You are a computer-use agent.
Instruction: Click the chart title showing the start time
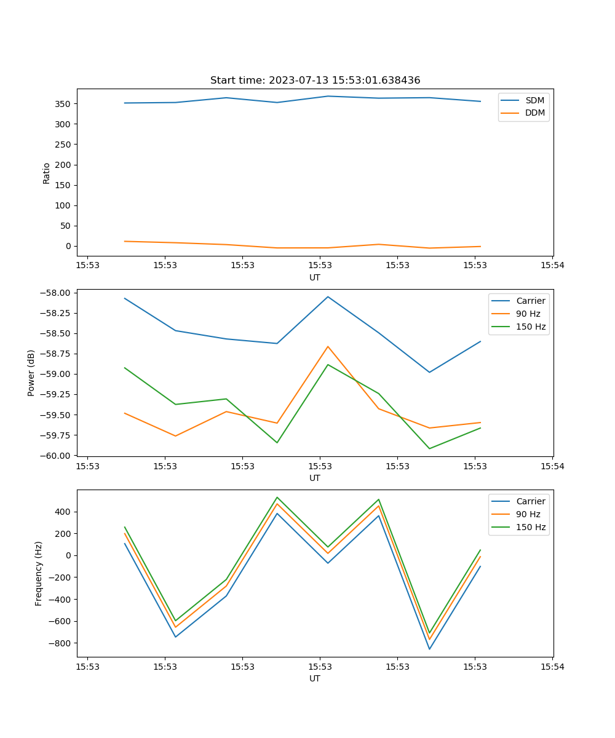coord(315,81)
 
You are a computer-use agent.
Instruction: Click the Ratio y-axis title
coord(47,173)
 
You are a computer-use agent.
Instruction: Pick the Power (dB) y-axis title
coord(31,373)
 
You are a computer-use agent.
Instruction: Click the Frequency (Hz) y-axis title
coord(38,573)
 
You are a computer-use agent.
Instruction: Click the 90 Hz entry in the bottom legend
coord(528,514)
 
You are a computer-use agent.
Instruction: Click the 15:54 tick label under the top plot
coord(552,266)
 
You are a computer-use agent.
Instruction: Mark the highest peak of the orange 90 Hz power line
coord(328,346)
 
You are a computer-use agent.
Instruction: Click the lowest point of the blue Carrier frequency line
coord(429,649)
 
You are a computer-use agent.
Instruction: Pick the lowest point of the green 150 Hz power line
coord(429,448)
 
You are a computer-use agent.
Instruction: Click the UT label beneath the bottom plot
coord(315,678)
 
